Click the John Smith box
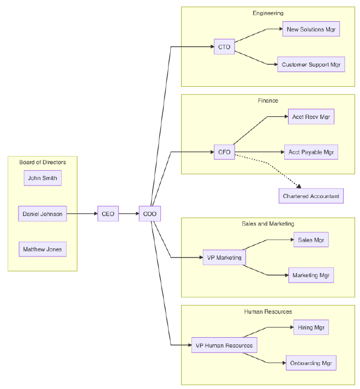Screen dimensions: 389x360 [43, 178]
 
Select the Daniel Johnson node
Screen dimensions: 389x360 [43, 214]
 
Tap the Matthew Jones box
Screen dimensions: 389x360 [43, 249]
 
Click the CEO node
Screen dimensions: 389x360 [108, 214]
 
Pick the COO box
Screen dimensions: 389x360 [149, 214]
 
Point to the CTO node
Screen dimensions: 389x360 [224, 47]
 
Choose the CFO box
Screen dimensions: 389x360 [224, 152]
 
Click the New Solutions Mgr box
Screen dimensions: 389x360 [311, 29]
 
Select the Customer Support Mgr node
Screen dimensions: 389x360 [311, 64]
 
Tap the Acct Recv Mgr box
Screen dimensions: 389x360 [311, 117]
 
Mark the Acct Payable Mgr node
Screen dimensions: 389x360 [311, 152]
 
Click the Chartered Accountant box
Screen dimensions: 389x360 [311, 196]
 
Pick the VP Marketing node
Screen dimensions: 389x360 [224, 258]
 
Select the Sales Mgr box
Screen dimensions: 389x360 [311, 240]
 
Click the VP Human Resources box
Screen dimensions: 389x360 [224, 345]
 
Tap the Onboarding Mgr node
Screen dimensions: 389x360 [311, 363]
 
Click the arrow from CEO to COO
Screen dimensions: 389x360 [129, 214]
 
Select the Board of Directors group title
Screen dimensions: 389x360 [43, 162]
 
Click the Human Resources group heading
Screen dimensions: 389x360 [268, 312]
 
